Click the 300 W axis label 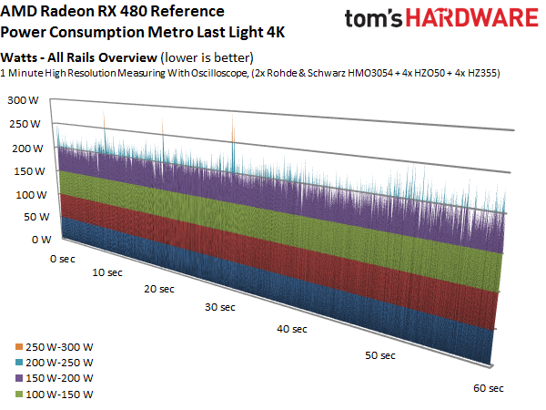(21, 100)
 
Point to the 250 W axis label (21, 124)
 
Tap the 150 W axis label (21, 170)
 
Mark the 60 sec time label (489, 388)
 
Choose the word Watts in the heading (23, 57)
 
